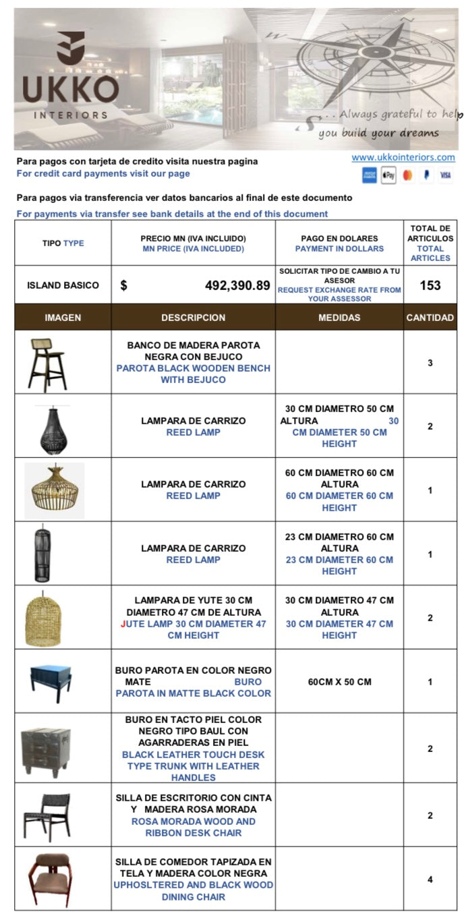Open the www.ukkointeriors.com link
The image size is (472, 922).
(x=403, y=157)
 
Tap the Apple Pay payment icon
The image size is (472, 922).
(x=388, y=175)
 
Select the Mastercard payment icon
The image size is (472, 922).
(x=407, y=175)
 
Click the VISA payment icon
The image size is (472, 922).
(x=445, y=175)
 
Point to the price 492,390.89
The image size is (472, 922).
(x=237, y=285)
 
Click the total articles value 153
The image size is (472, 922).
(x=430, y=285)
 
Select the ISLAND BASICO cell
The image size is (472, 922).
(x=63, y=285)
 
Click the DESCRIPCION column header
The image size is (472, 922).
(x=194, y=318)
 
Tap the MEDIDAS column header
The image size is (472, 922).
(x=339, y=318)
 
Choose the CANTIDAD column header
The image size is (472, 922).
(x=430, y=318)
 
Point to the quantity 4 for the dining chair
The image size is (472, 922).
(x=430, y=880)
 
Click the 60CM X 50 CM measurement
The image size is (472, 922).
(x=339, y=682)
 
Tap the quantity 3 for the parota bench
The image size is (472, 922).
(x=430, y=363)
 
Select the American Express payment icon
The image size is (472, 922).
(x=370, y=175)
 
